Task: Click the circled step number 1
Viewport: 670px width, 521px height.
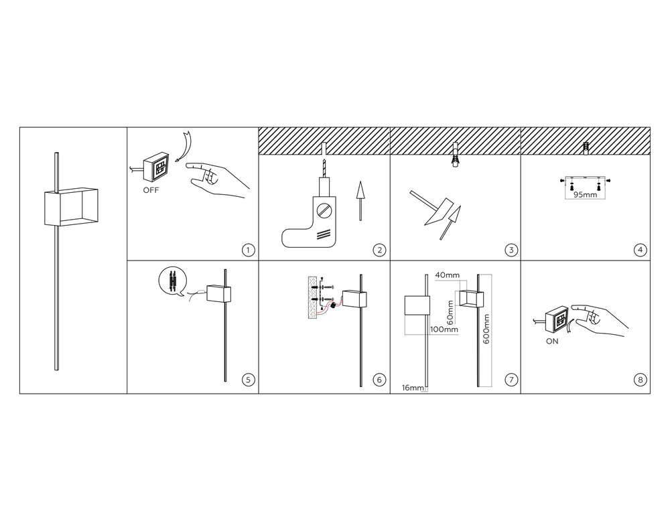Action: tap(249, 250)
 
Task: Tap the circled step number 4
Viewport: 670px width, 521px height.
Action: tap(640, 250)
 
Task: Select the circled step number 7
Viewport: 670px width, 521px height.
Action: tap(511, 380)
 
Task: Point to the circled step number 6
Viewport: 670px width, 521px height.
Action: tap(379, 380)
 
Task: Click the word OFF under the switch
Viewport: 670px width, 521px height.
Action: tap(151, 190)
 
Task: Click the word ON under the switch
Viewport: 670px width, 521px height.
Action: tap(552, 342)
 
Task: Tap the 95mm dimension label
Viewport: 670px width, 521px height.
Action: tap(585, 195)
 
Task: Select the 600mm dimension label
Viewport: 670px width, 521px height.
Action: tap(486, 329)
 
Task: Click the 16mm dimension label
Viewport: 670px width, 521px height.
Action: tap(413, 388)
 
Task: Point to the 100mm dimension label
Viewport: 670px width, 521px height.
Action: tap(444, 329)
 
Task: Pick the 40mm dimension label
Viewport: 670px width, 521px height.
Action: tap(448, 275)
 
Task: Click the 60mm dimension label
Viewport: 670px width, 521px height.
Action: tap(450, 312)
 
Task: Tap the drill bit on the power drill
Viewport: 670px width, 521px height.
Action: tap(324, 168)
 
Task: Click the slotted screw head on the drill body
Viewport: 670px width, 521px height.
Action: tap(324, 210)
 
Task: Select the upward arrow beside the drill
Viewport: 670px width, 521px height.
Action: tap(360, 201)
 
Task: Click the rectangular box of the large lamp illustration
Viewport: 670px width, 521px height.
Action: tap(71, 207)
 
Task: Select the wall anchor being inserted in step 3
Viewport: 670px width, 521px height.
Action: tap(456, 156)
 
